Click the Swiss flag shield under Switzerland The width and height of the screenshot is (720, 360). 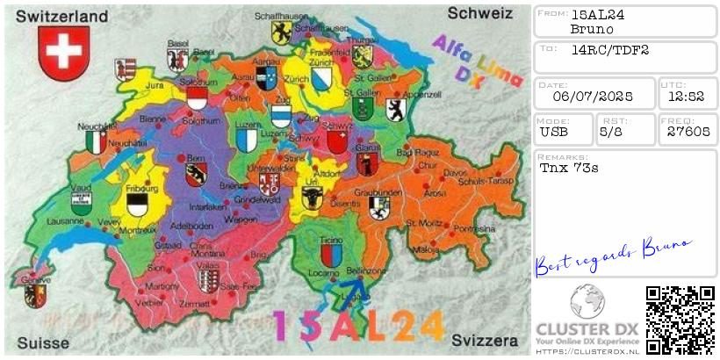pos(64,53)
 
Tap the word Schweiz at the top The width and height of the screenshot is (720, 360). pos(479,13)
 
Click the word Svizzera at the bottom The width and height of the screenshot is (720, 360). pos(486,340)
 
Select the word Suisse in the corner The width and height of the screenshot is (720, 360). pos(43,342)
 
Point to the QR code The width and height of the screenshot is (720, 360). pos(680,320)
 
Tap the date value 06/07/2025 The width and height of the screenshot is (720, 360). pos(594,98)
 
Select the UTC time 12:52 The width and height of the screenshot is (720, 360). pos(688,98)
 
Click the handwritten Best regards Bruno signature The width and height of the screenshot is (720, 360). pos(612,256)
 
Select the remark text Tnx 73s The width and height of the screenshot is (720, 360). pos(569,167)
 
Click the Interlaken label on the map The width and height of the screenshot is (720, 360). pos(208,207)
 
